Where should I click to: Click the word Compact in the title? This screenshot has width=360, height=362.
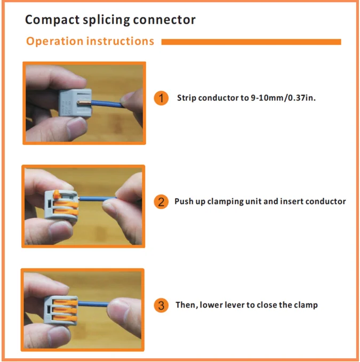(52, 20)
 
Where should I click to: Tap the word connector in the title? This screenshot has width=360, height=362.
(164, 20)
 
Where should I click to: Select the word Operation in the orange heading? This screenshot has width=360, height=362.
(54, 42)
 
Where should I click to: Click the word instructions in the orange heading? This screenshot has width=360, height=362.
(120, 41)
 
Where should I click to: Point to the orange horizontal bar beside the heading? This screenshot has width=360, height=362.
(251, 42)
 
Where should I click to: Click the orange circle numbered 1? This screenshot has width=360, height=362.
(161, 98)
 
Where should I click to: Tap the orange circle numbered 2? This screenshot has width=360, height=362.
(161, 202)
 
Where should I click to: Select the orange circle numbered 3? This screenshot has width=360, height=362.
(161, 305)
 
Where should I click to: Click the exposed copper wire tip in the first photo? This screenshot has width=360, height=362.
(84, 102)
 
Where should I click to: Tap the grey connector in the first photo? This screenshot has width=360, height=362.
(75, 103)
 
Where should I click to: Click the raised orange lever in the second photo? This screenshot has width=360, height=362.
(57, 194)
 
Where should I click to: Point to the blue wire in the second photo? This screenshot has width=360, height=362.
(98, 198)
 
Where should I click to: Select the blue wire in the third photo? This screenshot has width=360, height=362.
(93, 303)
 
